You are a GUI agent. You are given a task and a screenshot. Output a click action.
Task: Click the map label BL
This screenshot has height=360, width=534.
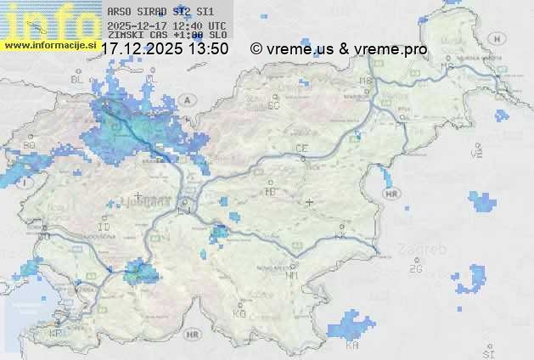pyautogui.click(x=78, y=79)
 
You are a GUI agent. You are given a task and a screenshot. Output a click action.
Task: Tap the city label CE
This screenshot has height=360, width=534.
pyautogui.click(x=301, y=148)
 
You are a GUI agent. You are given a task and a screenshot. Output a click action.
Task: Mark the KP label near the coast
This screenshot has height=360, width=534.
pyautogui.click(x=56, y=333)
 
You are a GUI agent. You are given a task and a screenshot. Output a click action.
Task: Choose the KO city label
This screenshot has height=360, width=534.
pyautogui.click(x=239, y=313)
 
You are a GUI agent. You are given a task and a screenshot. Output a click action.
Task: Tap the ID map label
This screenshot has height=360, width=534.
pyautogui.click(x=104, y=228)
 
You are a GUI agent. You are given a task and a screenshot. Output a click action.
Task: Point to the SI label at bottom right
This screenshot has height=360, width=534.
pyautogui.click(x=487, y=352)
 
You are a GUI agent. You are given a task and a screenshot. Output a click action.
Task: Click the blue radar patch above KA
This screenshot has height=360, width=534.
pyautogui.click(x=352, y=326)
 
